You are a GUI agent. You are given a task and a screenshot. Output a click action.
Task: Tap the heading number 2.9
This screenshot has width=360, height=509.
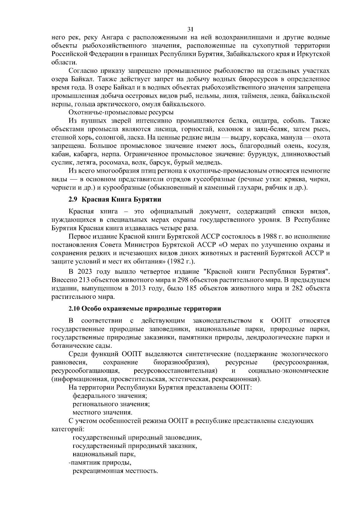point(73,199)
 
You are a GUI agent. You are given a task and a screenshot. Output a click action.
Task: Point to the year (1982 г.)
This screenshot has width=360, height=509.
point(181,261)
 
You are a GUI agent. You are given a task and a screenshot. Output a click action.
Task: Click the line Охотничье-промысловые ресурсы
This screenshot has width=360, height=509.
point(121,113)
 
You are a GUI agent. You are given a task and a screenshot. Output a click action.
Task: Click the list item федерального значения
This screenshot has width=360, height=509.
point(110,396)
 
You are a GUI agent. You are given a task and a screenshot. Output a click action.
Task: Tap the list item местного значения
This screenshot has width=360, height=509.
point(103,412)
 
